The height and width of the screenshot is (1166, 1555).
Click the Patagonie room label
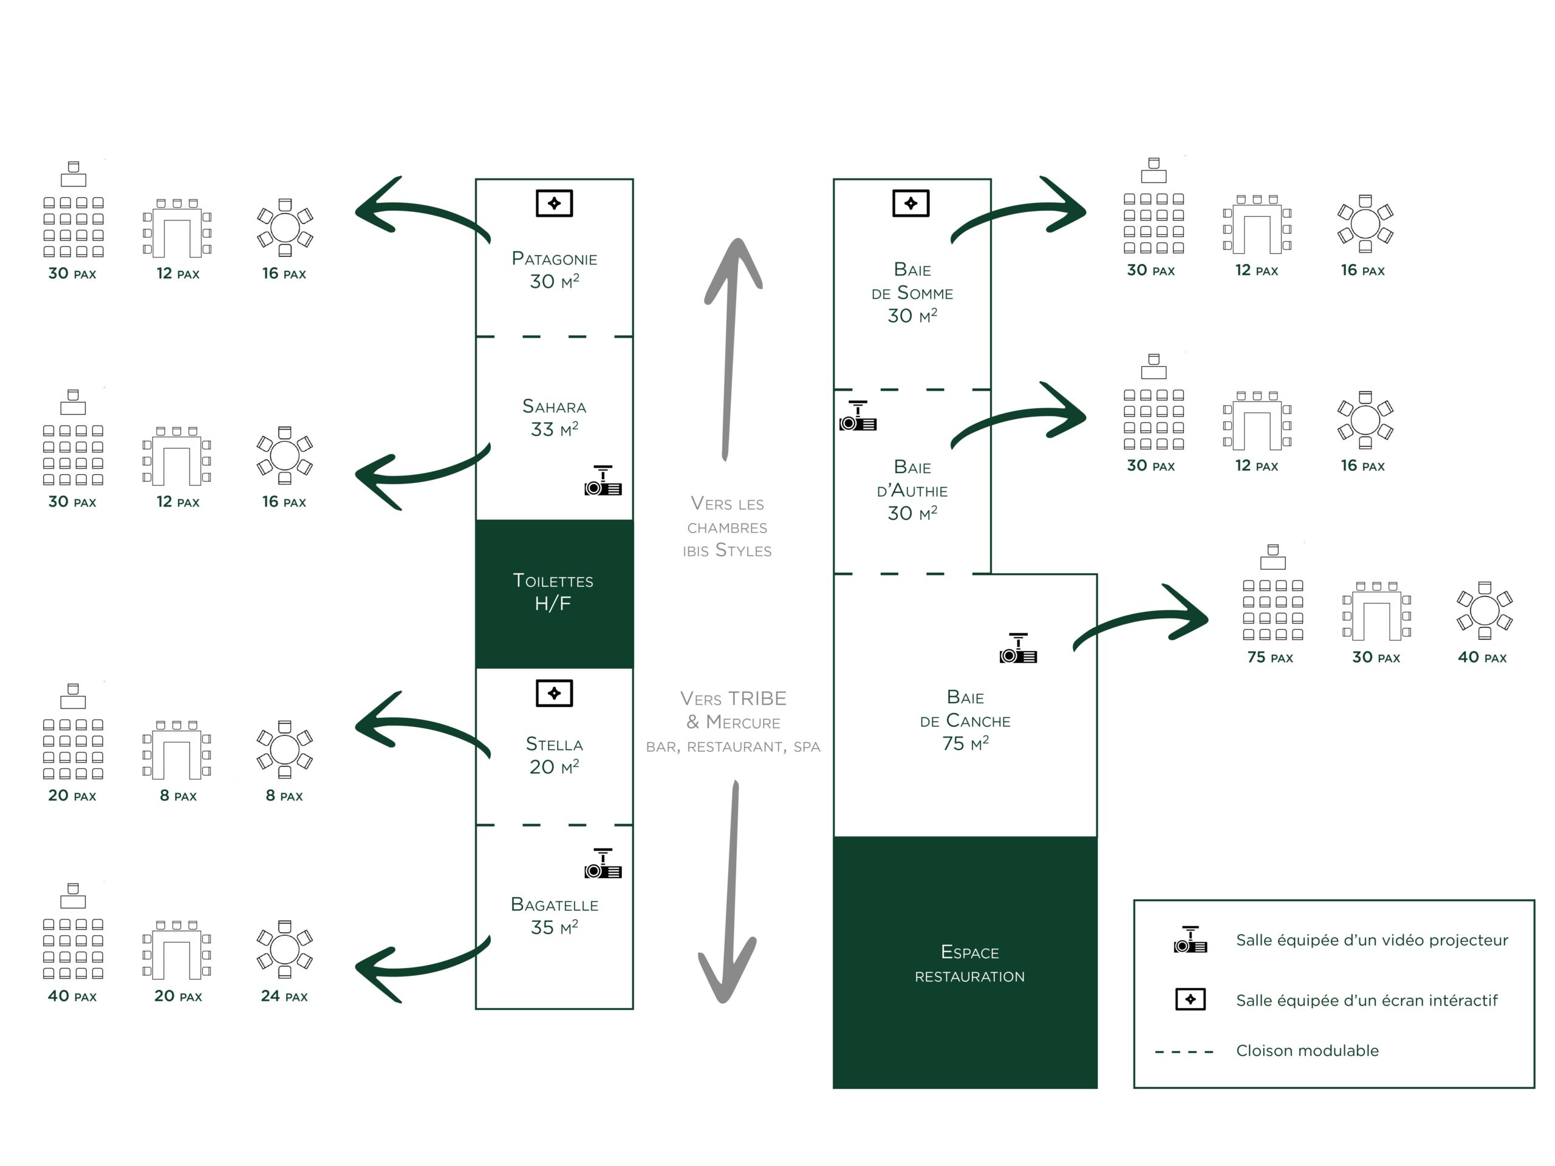tap(554, 270)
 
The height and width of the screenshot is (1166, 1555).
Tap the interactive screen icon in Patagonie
tap(554, 203)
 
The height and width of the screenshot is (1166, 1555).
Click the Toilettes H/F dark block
tap(554, 594)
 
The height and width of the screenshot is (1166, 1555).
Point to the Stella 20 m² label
tap(554, 755)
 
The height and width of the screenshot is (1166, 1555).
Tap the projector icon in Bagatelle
tap(603, 863)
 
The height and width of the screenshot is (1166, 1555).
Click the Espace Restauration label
tap(969, 964)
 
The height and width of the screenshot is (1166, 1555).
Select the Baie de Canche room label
tap(965, 720)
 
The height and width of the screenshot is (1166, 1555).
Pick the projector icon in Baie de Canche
tap(1018, 648)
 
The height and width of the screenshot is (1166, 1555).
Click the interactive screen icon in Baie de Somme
tap(911, 203)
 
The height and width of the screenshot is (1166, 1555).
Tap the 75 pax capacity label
tap(1270, 657)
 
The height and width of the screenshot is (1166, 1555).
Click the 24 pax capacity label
tap(284, 996)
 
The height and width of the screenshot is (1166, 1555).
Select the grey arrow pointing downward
tap(728, 891)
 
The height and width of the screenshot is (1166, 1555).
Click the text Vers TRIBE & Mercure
tap(733, 710)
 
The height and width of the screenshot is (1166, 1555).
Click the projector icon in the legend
tap(1190, 939)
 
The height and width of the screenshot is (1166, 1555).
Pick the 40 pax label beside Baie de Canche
tap(1482, 657)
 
